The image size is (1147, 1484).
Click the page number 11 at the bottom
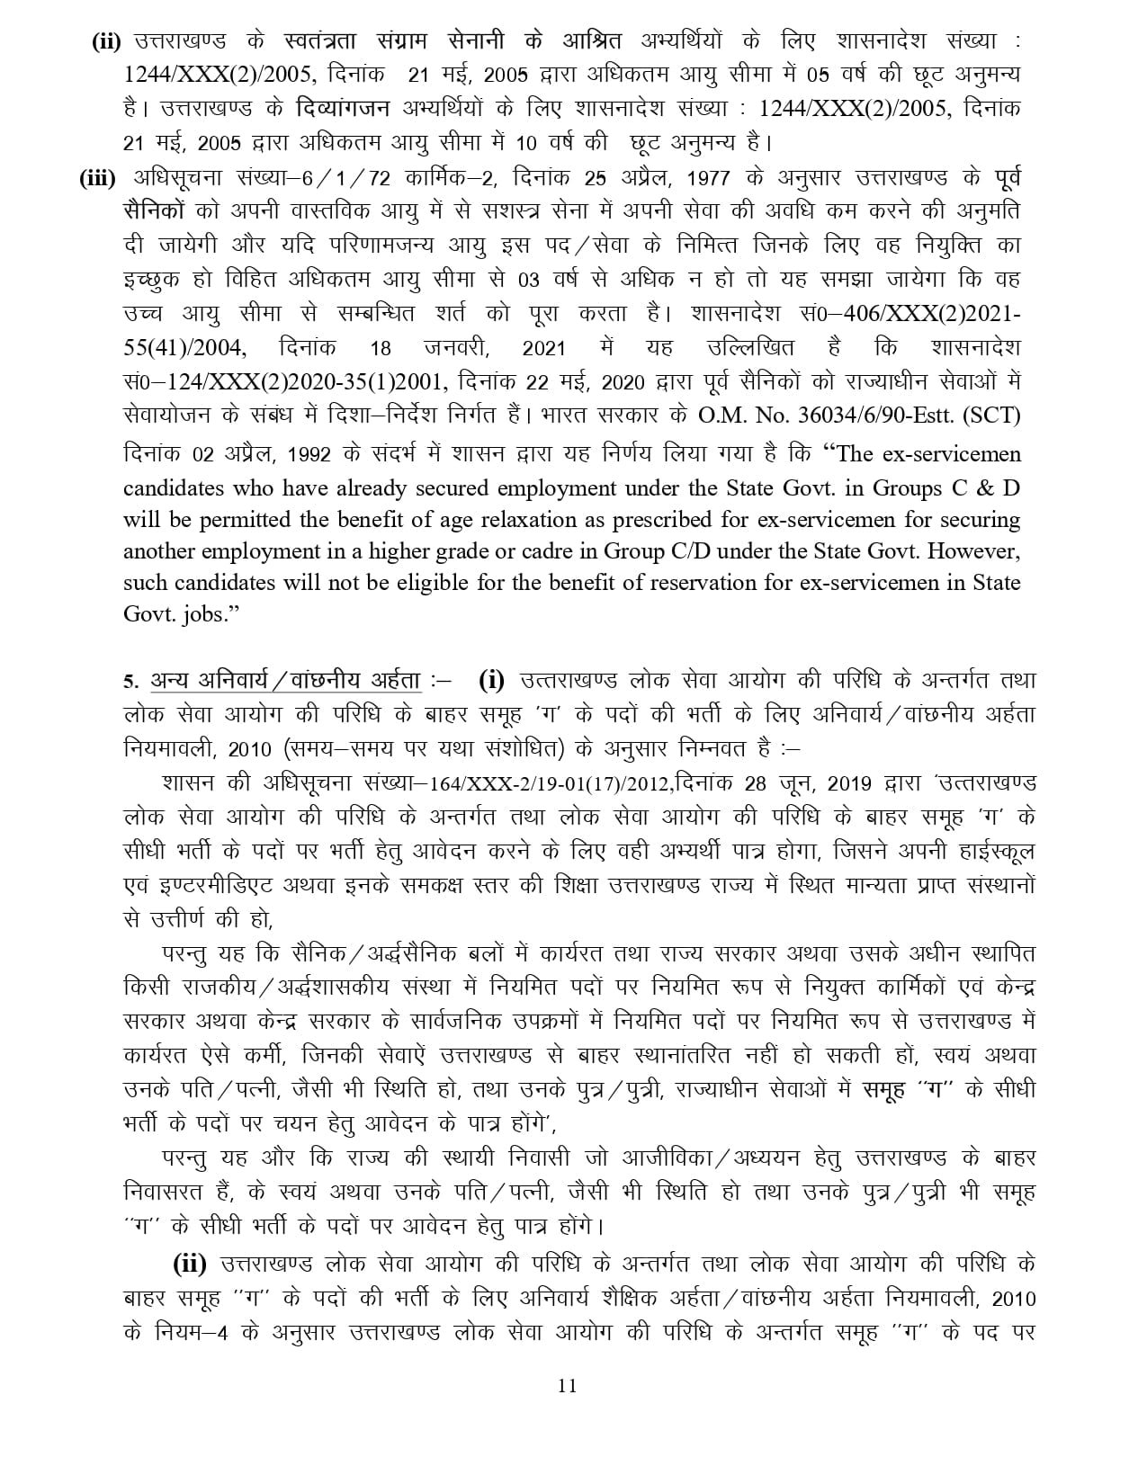click(567, 1385)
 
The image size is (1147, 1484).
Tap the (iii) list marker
click(98, 179)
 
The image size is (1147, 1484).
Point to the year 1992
click(309, 454)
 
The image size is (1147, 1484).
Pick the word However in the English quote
click(976, 550)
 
